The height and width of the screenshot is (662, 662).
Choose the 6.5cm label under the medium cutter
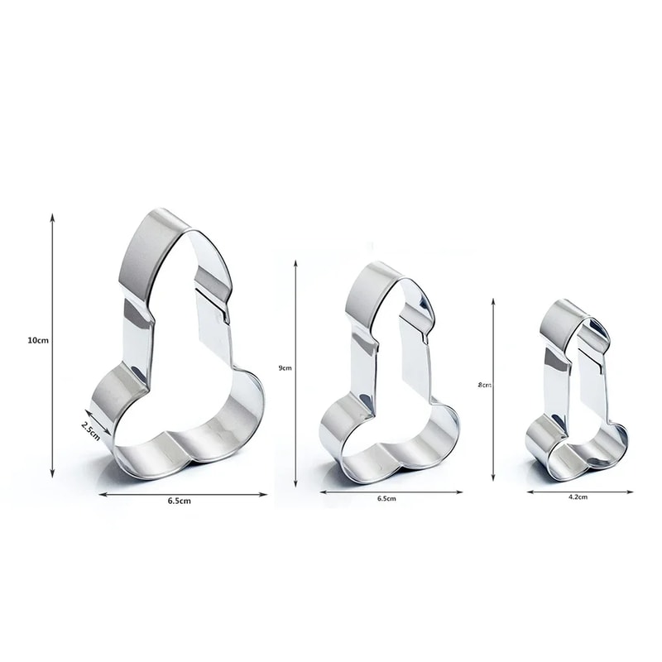(386, 499)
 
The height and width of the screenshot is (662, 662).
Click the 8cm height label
(485, 385)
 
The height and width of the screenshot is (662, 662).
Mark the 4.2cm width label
(578, 497)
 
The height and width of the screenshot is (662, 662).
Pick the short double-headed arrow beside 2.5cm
(98, 422)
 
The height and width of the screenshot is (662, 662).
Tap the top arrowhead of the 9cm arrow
(295, 264)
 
